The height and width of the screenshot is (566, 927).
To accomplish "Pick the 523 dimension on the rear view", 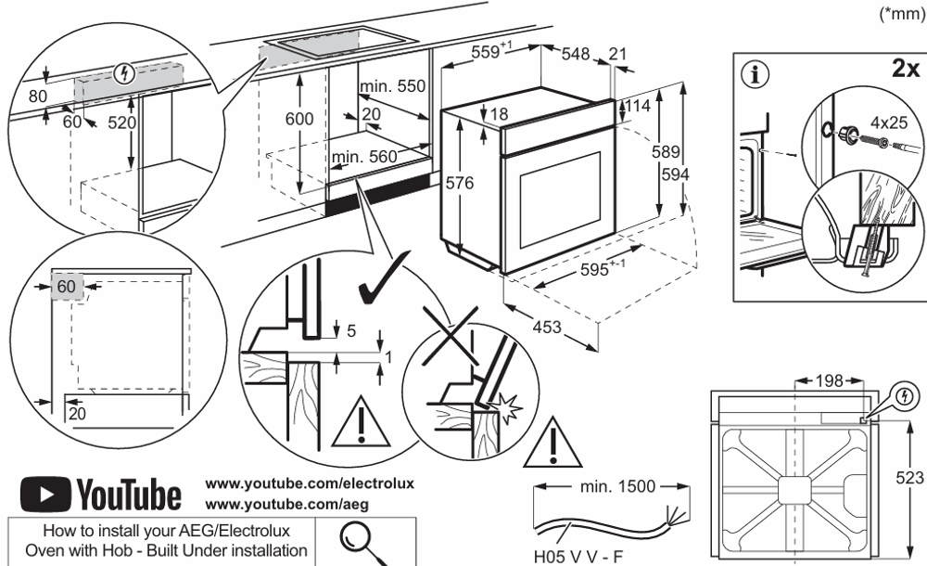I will click(x=913, y=476).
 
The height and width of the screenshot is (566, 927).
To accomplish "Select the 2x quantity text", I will click(x=904, y=70).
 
